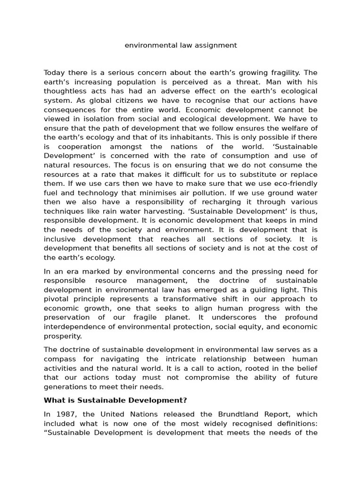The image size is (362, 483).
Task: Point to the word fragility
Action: (x=281, y=73)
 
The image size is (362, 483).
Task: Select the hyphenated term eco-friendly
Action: (x=295, y=183)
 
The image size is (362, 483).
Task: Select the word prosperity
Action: (x=63, y=336)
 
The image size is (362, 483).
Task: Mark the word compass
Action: (x=59, y=359)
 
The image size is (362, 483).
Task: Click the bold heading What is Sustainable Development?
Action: (x=115, y=400)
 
